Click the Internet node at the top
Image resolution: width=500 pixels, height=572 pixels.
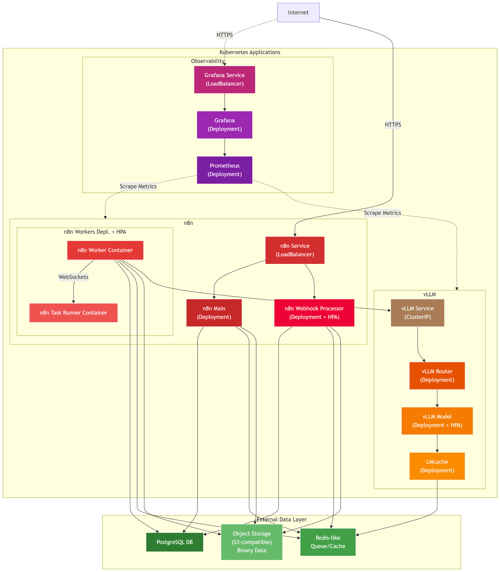click(298, 13)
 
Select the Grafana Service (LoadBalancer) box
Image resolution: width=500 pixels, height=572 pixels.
click(224, 80)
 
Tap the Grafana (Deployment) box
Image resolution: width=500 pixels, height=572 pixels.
click(224, 125)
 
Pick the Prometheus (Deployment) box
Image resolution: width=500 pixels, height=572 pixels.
click(224, 170)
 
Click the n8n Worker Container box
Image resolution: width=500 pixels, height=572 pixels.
click(105, 250)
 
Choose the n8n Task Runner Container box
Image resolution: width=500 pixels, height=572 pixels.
click(73, 313)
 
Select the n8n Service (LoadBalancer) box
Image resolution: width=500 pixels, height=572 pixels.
click(295, 250)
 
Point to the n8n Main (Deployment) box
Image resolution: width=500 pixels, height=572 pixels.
click(214, 313)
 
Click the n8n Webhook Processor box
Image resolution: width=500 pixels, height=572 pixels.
click(314, 313)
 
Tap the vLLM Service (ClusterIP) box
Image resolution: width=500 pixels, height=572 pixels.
click(417, 313)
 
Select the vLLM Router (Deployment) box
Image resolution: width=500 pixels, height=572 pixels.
click(437, 375)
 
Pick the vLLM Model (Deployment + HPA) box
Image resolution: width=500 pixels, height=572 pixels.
click(437, 421)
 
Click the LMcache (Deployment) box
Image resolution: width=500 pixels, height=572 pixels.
click(437, 466)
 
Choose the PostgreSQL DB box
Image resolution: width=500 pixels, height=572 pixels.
click(175, 542)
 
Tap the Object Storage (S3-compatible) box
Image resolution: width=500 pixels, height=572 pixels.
click(251, 542)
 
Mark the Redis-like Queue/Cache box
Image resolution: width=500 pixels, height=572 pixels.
click(328, 542)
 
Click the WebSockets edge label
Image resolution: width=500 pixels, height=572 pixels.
click(73, 277)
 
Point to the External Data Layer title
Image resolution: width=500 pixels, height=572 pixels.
click(282, 520)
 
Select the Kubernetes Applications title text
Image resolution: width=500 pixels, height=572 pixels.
click(250, 52)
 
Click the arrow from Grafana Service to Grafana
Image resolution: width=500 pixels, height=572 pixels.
click(225, 102)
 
